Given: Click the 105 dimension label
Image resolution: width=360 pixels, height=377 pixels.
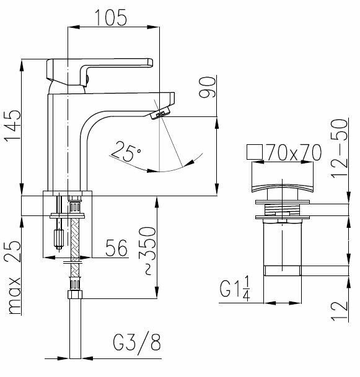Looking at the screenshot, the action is pyautogui.click(x=111, y=17).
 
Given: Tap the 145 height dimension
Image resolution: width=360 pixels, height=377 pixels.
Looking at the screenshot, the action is pyautogui.click(x=12, y=127).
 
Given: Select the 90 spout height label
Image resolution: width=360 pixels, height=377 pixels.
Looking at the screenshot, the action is pyautogui.click(x=207, y=87).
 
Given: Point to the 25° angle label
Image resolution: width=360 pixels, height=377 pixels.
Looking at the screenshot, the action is pyautogui.click(x=126, y=151).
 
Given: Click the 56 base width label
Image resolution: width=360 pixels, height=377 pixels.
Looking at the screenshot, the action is pyautogui.click(x=116, y=248).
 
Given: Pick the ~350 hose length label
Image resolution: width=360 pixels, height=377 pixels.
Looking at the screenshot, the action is pyautogui.click(x=147, y=250).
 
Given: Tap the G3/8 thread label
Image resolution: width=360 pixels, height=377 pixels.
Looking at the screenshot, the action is pyautogui.click(x=137, y=342).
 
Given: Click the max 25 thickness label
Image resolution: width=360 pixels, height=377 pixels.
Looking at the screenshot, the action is pyautogui.click(x=12, y=278).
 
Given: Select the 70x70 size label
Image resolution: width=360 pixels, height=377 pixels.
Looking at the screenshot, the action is pyautogui.click(x=294, y=152).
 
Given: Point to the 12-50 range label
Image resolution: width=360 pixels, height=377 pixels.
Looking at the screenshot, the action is pyautogui.click(x=340, y=149).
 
